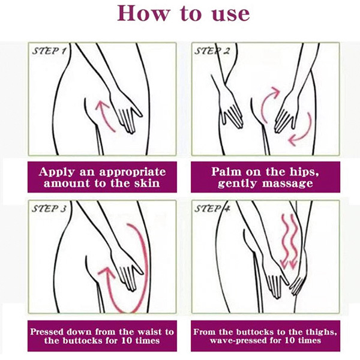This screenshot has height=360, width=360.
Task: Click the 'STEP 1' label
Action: click(49, 51)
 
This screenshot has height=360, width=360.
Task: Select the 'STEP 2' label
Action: click(212, 51)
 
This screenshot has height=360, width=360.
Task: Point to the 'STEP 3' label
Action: click(49, 209)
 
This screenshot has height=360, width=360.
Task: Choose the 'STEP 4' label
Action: click(212, 209)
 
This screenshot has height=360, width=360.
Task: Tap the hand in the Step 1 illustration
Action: click(125, 113)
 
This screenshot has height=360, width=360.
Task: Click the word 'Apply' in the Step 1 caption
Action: click(57, 172)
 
